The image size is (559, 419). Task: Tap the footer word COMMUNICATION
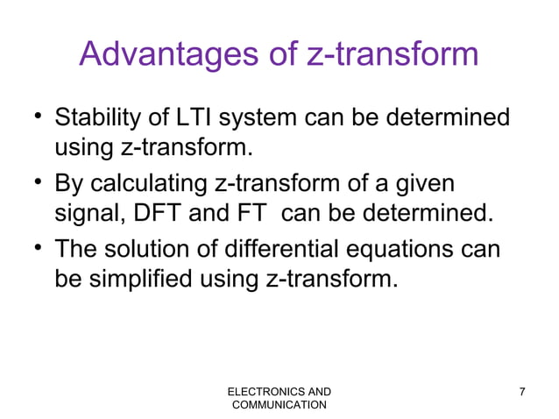(x=279, y=404)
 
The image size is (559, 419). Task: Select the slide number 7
(x=523, y=390)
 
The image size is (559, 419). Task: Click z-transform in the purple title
(x=393, y=54)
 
